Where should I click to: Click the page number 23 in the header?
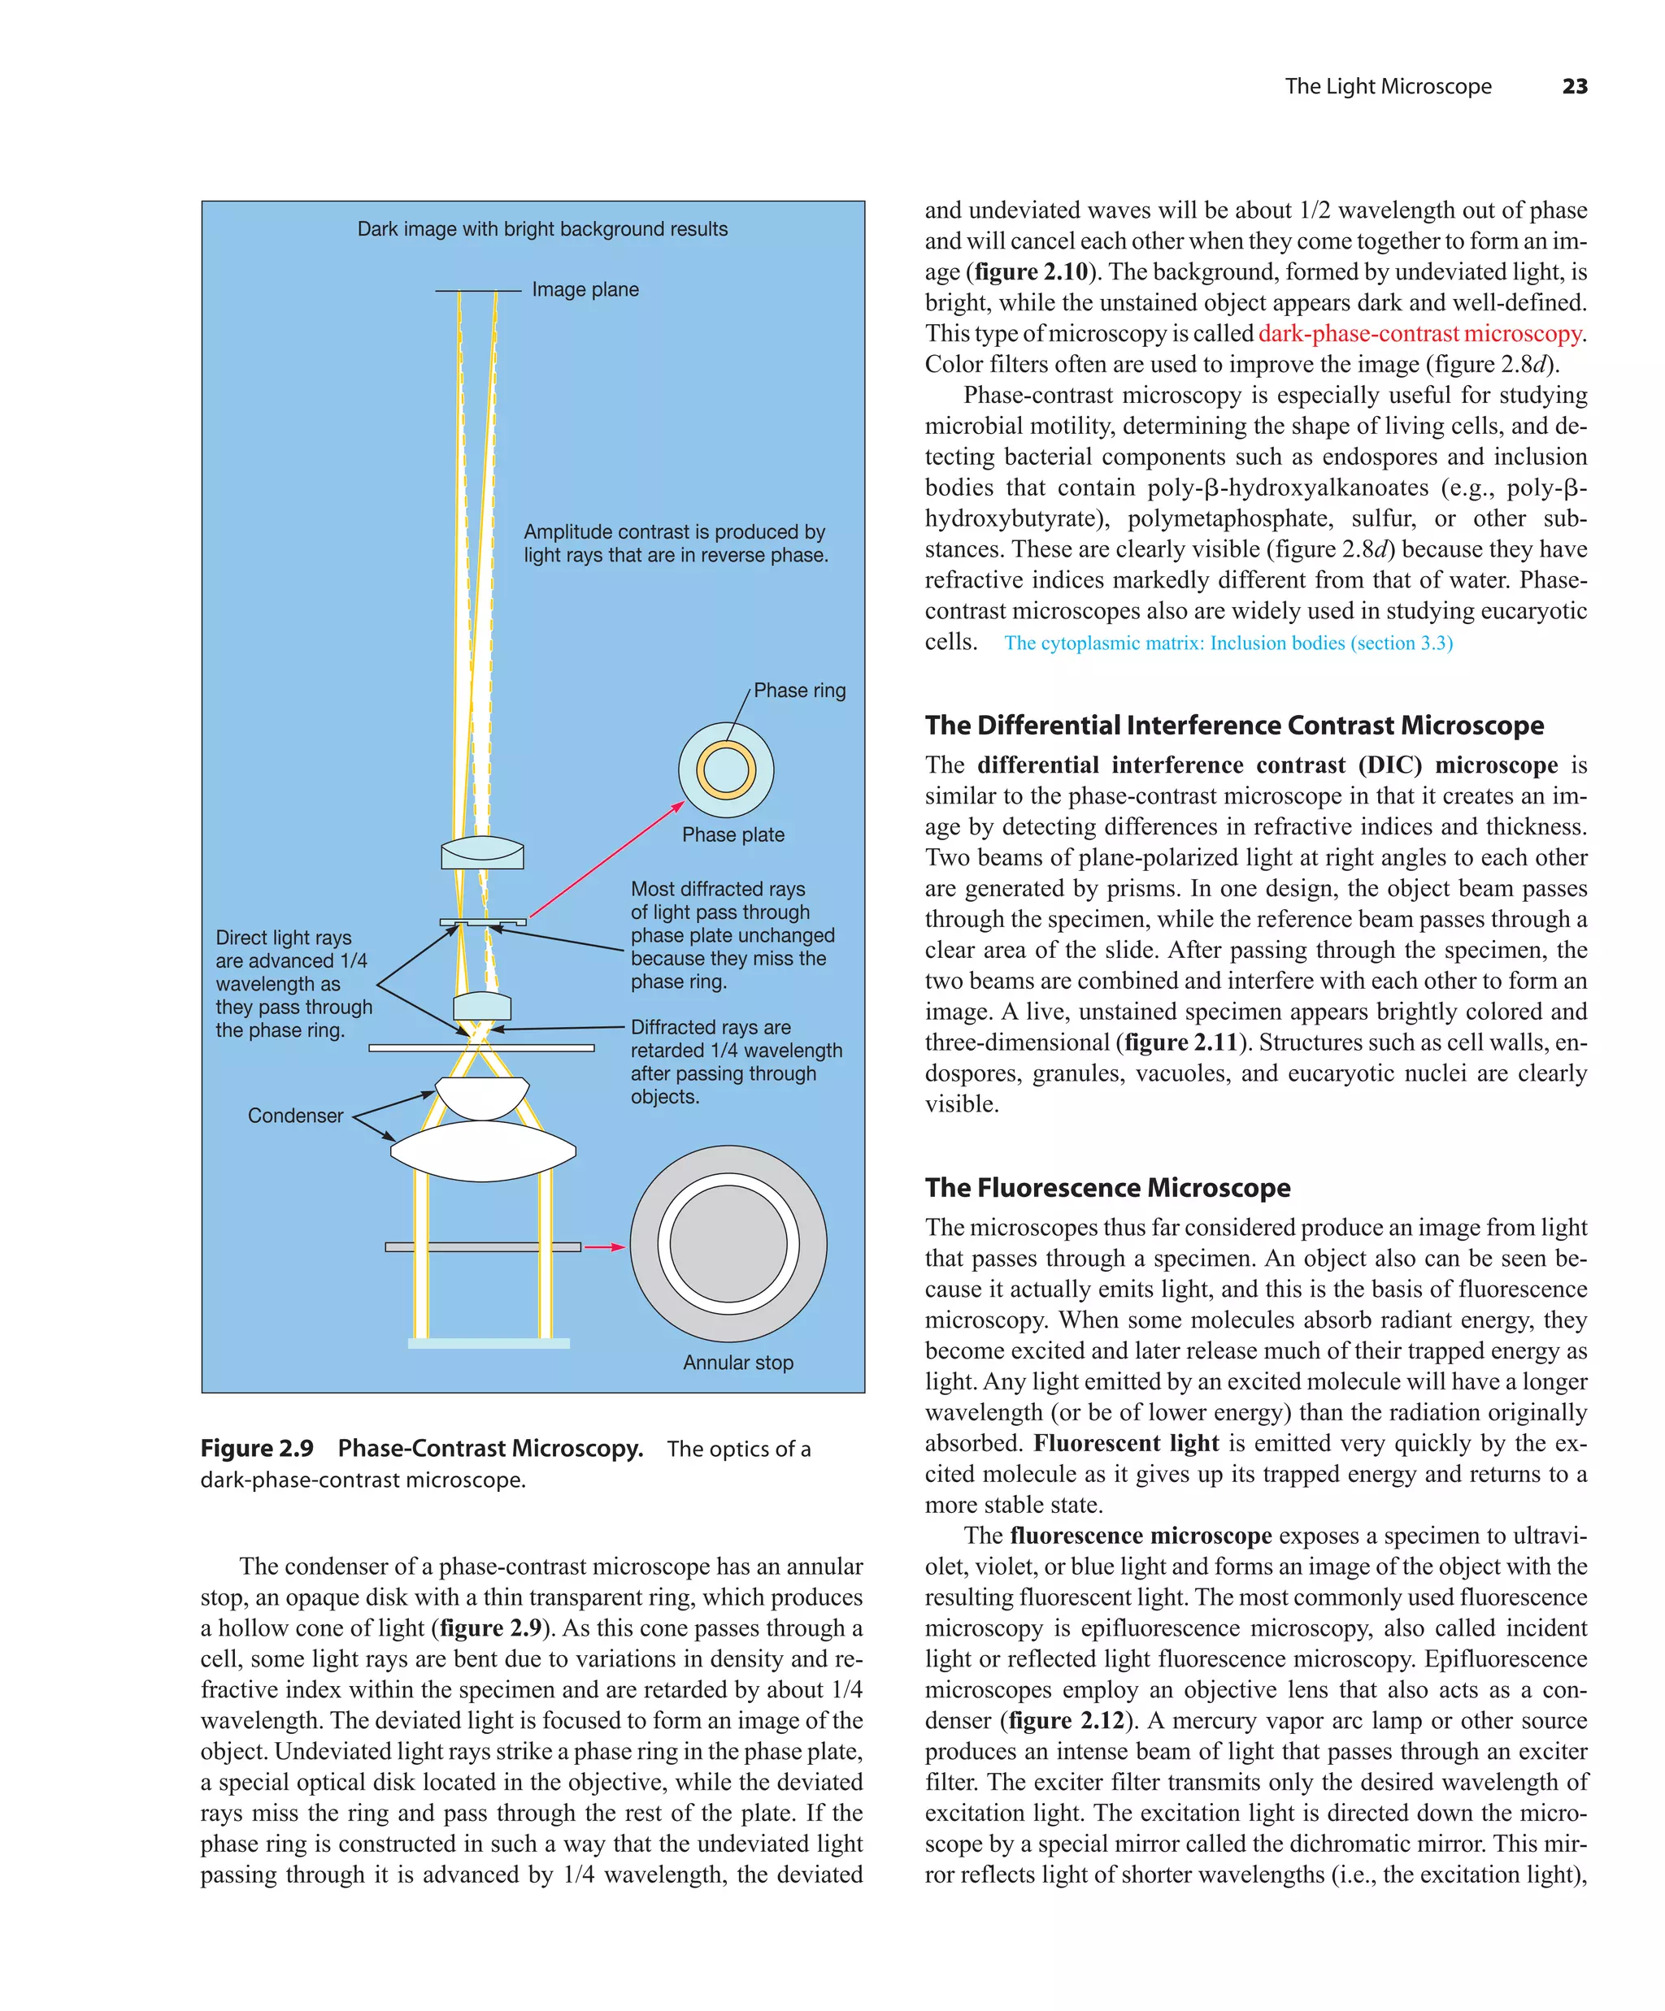[x=1574, y=86]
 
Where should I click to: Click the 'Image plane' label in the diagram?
[x=585, y=289]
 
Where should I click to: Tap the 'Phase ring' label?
[x=799, y=691]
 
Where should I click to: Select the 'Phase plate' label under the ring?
[x=733, y=835]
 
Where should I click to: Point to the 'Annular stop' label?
[x=737, y=1362]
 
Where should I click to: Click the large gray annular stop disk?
[x=728, y=1244]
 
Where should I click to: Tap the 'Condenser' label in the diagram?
[x=295, y=1116]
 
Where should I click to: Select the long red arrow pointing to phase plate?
[x=606, y=860]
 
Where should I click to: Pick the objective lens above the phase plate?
[x=482, y=852]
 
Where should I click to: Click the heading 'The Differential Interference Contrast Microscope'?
[x=1234, y=725]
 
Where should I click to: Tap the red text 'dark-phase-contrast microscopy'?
[x=1419, y=333]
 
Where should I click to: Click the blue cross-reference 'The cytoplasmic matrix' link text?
[x=1228, y=644]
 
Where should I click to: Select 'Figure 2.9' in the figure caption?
[x=257, y=1448]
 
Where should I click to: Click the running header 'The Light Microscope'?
[x=1388, y=86]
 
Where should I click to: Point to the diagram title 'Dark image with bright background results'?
[x=542, y=229]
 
